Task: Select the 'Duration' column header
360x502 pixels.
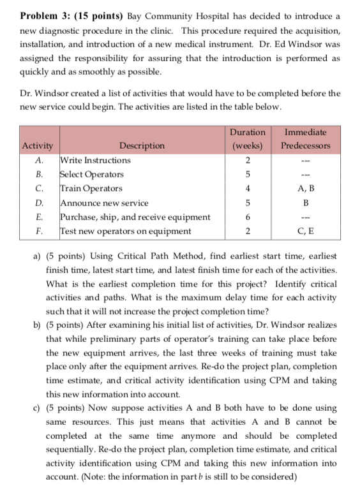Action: [247, 132]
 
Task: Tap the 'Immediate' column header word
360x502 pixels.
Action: [305, 132]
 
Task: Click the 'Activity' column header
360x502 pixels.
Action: [38, 145]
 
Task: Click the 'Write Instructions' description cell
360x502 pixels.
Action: [95, 160]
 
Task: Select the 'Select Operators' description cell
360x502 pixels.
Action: [92, 174]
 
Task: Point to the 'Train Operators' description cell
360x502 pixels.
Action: [91, 188]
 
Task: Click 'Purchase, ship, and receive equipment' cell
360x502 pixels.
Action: [135, 216]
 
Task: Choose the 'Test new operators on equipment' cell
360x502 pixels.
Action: [125, 230]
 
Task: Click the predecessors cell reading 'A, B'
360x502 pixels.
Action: [305, 188]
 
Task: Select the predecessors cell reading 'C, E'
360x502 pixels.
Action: [305, 230]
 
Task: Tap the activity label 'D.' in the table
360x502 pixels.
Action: [39, 202]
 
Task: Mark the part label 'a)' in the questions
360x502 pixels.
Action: [36, 256]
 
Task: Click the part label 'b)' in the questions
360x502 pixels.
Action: [36, 325]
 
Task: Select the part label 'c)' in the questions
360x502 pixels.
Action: [36, 408]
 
